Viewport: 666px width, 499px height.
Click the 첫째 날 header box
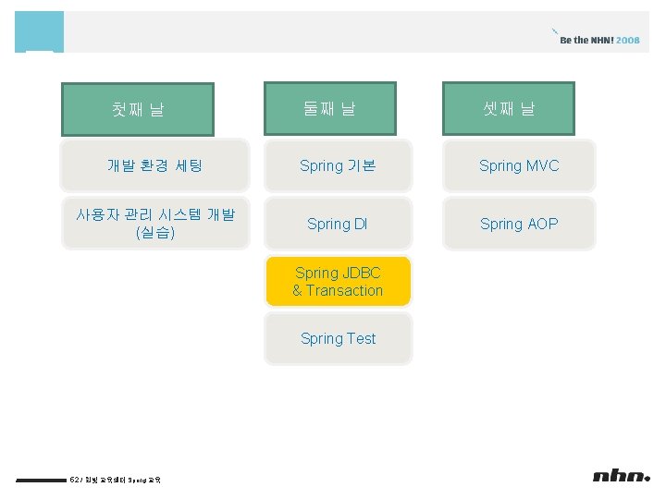138,109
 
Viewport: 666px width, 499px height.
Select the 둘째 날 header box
329,109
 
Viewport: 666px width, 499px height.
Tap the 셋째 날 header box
509,109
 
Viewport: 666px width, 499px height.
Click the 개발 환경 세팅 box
154,166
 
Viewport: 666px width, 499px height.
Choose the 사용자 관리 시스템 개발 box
154,224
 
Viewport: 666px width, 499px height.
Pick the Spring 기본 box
338,166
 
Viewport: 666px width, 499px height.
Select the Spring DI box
338,224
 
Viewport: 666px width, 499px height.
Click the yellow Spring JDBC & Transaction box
338,282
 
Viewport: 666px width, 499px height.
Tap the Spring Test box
338,338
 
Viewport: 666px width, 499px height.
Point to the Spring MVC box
519,166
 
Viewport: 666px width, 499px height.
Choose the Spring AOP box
519,224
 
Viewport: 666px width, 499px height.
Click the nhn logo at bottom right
621,476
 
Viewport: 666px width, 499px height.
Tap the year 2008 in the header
628,41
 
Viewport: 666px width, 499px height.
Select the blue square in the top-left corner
39,31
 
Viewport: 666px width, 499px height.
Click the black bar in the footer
41,480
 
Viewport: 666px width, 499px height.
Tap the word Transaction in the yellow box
344,291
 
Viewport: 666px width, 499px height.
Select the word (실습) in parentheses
154,233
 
